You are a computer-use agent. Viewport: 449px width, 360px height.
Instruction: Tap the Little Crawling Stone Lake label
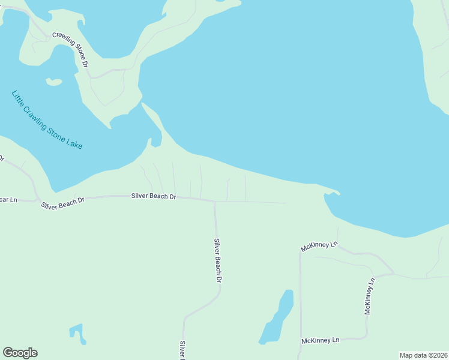coord(47,120)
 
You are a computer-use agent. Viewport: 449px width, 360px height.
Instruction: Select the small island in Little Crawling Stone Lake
coord(54,82)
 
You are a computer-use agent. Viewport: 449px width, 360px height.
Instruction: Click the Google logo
coord(20,353)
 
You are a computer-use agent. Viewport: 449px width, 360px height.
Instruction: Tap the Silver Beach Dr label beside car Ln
coord(63,202)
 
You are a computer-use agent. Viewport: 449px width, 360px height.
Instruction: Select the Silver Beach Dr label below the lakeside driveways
coord(154,196)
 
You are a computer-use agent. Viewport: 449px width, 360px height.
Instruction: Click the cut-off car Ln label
coord(8,199)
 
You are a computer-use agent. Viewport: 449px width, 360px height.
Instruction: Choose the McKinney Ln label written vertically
coord(370,296)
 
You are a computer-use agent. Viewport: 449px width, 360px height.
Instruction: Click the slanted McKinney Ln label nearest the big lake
coord(319,246)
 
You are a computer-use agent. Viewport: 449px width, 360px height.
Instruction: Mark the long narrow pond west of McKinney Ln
coord(277,318)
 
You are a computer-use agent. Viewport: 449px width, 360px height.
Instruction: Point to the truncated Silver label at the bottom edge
coord(182,350)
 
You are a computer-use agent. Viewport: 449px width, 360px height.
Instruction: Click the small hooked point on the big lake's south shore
coord(331,194)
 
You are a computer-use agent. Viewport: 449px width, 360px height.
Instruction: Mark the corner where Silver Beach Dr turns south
coord(214,202)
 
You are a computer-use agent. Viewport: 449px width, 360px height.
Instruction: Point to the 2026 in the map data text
coord(437,355)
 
